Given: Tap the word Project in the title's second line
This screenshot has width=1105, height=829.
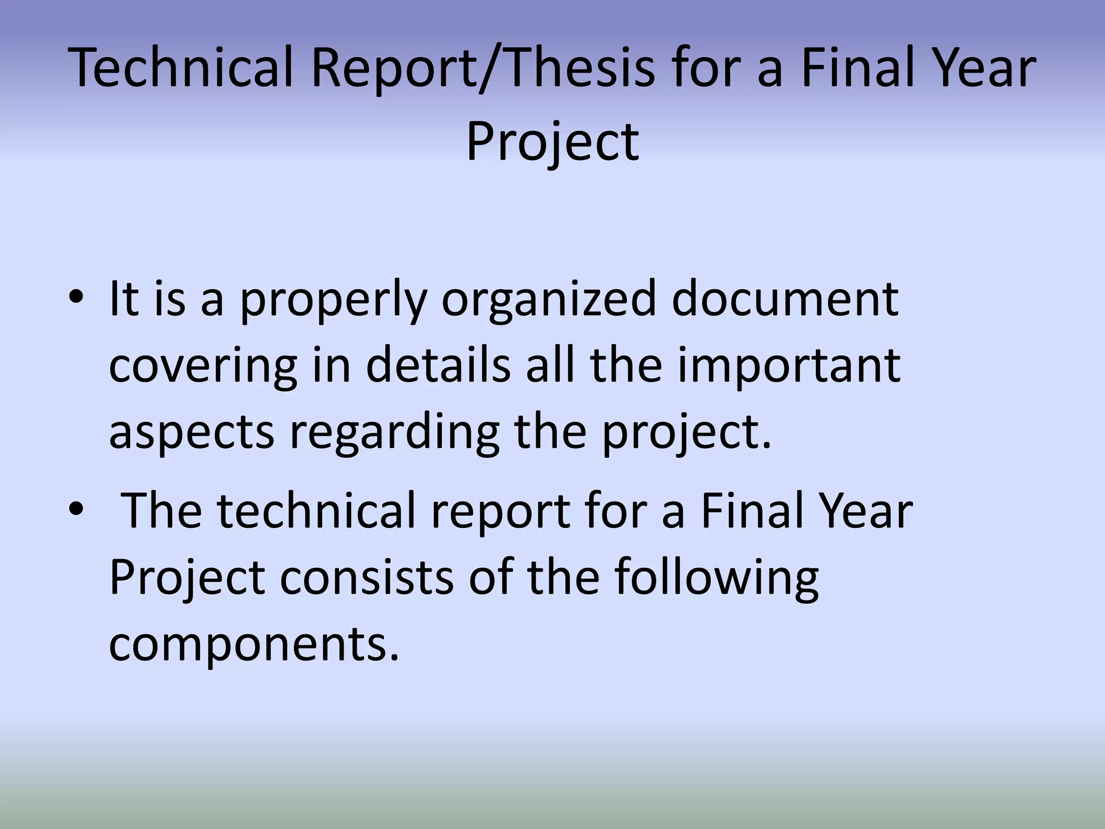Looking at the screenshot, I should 552,141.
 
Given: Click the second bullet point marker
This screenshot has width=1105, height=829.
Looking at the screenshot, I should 76,510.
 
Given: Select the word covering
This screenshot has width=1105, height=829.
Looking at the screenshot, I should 203,367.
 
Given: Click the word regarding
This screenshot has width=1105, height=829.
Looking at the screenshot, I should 394,433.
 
